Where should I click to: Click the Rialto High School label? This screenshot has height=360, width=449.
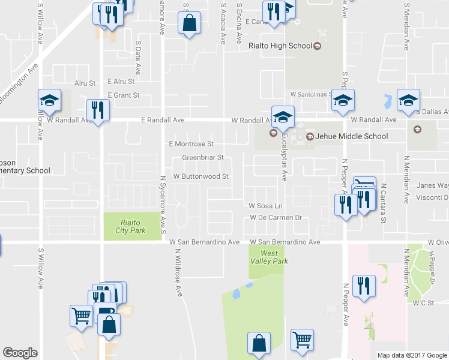(280, 46)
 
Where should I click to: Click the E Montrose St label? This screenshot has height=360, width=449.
(191, 144)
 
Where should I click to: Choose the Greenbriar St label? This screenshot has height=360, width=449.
(202, 158)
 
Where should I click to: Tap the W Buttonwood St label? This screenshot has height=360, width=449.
(201, 177)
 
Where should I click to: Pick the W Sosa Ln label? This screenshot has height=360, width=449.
(266, 206)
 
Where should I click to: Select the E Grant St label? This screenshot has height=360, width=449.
(123, 95)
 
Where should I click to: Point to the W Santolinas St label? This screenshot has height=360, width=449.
(311, 94)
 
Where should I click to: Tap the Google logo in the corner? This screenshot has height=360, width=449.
(20, 353)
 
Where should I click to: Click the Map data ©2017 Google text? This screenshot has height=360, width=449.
(412, 355)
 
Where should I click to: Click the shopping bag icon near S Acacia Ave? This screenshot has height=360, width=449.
(189, 25)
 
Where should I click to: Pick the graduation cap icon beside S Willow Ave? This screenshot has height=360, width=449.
(50, 100)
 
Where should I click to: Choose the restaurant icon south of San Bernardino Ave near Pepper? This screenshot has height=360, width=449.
(364, 286)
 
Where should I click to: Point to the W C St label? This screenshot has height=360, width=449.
(423, 304)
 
